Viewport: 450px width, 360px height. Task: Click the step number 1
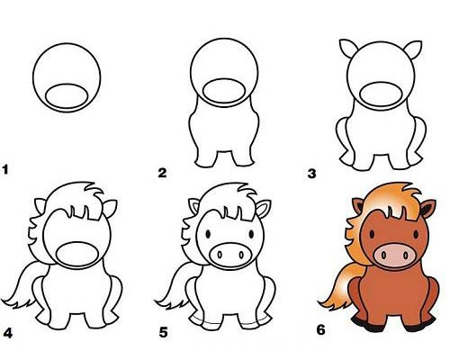[x=5, y=169]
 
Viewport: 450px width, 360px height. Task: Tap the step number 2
[x=162, y=173]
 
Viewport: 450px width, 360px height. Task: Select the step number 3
[x=312, y=174]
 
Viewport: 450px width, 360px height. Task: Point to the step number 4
[x=8, y=333]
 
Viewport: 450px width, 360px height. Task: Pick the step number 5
[x=163, y=332]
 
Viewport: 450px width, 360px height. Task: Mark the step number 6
[x=320, y=330]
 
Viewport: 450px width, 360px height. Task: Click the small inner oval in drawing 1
[x=67, y=96]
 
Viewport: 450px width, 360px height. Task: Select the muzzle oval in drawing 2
[x=224, y=91]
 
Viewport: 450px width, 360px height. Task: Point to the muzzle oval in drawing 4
[x=77, y=255]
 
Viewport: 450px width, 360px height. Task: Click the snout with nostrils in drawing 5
[x=230, y=256]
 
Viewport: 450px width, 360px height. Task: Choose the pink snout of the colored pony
[x=395, y=256]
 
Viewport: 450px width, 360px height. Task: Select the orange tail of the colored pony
[x=340, y=288]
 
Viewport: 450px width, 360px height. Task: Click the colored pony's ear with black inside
[x=427, y=208]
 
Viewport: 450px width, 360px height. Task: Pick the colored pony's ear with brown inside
[x=358, y=206]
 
